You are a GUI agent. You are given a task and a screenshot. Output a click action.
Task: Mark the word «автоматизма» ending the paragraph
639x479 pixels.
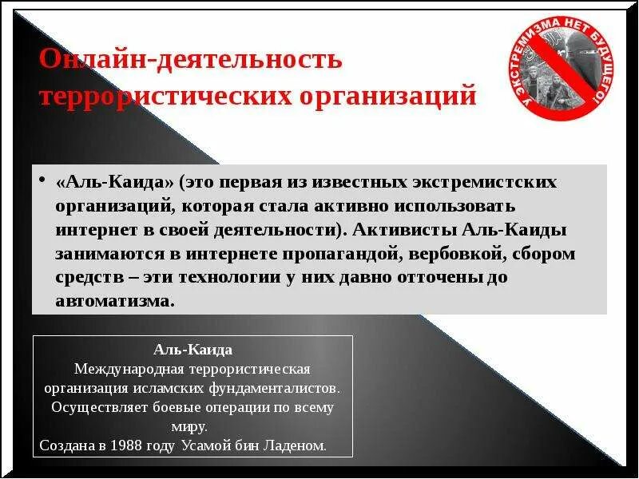click(114, 303)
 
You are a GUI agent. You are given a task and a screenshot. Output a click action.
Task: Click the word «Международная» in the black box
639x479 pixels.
click(123, 370)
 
